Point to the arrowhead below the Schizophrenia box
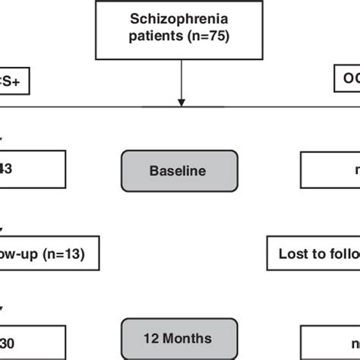click(x=180, y=100)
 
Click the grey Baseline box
click(x=180, y=171)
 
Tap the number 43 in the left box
click(x=6, y=171)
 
